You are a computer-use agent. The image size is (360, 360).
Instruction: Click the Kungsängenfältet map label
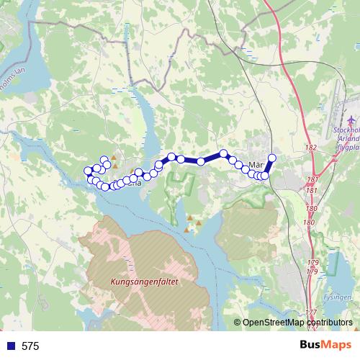pos(144,283)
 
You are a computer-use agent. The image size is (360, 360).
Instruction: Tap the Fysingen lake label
pos(338,296)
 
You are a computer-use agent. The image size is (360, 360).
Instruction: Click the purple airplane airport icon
pos(351,119)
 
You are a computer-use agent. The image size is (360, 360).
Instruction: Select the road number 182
pos(311,148)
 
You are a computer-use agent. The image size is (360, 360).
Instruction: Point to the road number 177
pos(310,312)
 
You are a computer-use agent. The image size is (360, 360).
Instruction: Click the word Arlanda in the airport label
pos(346,140)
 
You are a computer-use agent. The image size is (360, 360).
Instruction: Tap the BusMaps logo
pos(326,345)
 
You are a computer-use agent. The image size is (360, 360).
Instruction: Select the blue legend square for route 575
pos(10,346)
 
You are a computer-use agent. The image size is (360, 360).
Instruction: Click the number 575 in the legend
pos(30,346)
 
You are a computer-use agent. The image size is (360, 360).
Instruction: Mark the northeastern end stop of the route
pos(272,158)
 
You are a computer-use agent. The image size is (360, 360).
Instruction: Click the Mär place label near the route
pos(256,163)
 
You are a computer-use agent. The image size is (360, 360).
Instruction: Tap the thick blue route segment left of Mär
pos(212,157)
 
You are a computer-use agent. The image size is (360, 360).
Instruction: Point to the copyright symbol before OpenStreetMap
pos(237,323)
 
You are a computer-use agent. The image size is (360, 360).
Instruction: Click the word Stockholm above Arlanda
pos(347,130)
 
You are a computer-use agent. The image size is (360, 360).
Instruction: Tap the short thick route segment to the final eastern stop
pos(269,167)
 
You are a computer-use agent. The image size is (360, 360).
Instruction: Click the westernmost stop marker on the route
pos(89,171)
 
